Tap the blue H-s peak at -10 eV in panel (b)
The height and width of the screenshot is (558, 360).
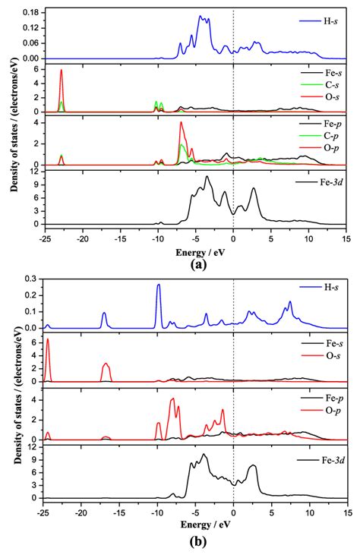point(158,286)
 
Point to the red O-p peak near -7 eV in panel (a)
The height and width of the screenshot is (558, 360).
point(181,123)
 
